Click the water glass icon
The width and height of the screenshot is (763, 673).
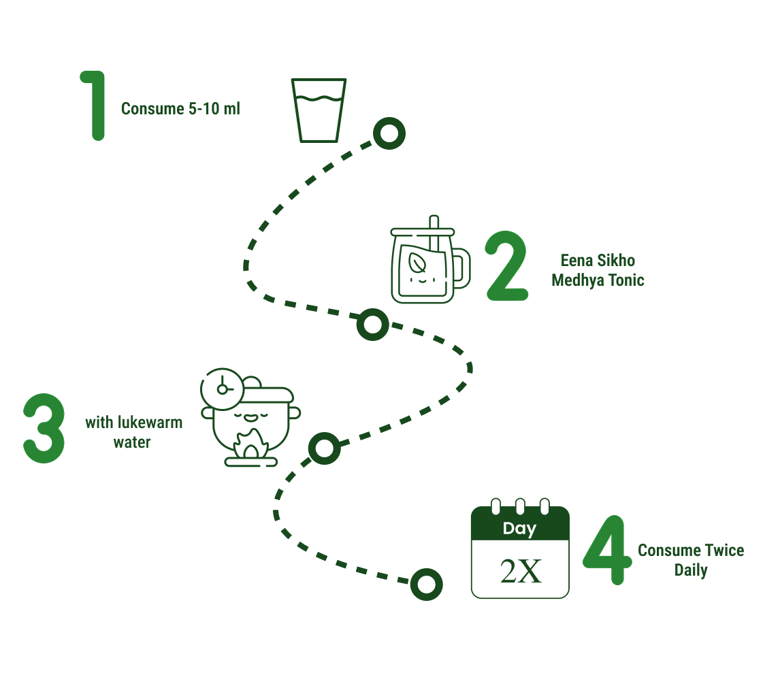[319, 110]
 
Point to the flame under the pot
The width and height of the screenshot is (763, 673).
[250, 446]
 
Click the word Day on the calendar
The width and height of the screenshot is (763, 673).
[519, 529]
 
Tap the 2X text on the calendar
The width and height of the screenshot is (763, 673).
[521, 572]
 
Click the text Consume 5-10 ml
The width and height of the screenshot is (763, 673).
[180, 109]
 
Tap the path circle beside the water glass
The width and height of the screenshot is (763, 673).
[389, 133]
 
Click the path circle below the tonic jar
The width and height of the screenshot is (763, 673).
[372, 324]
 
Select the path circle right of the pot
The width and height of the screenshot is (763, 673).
[324, 448]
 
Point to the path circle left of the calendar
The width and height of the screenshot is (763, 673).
[427, 584]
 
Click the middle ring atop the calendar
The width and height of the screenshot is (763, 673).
[520, 506]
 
